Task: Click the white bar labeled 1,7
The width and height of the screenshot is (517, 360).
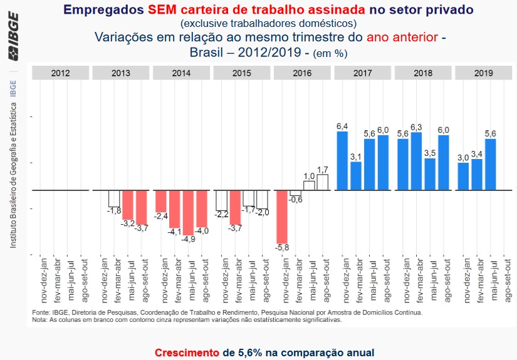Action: [x=323, y=182]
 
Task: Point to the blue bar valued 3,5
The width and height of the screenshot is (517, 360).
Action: [x=430, y=174]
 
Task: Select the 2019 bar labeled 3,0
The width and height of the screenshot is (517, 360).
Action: [x=464, y=176]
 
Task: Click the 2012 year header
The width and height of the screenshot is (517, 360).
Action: [x=60, y=73]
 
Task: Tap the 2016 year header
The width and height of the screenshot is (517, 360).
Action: [x=303, y=73]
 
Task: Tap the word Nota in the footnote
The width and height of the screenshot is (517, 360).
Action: [x=39, y=319]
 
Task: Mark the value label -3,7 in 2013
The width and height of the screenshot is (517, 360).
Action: [x=142, y=229]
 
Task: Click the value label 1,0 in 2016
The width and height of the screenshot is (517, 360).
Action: [x=310, y=177]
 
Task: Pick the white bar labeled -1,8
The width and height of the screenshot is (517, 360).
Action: [x=114, y=198]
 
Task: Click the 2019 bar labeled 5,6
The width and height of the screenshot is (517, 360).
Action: [x=491, y=164]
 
